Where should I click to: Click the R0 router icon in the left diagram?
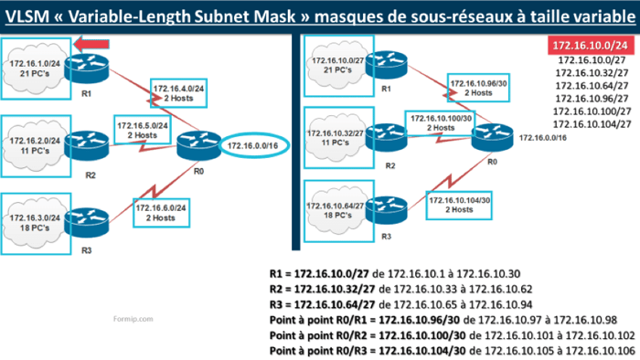(197, 144)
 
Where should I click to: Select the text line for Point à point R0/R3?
(453, 350)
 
